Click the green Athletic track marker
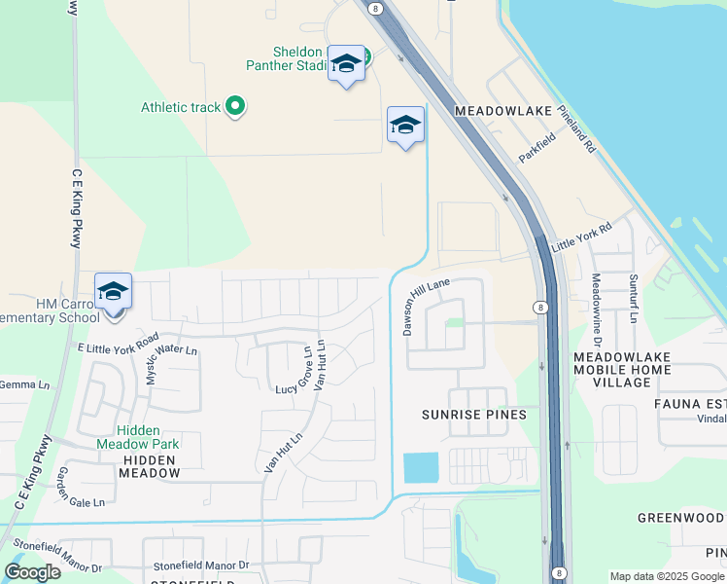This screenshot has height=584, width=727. coord(234,106)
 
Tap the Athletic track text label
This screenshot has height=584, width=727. coord(181,107)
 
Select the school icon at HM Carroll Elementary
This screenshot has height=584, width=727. coord(113,292)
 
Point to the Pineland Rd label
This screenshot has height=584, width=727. coord(576,131)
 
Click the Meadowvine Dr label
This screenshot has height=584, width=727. coord(597,310)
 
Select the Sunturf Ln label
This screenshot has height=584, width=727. coord(632,298)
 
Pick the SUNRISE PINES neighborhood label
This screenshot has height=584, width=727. coord(473,415)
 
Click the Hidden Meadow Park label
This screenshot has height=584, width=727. coord(148,437)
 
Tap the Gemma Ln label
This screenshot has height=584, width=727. coord(23,385)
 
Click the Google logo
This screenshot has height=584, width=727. coord(33,571)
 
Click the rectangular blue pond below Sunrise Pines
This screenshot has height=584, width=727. coord(421,468)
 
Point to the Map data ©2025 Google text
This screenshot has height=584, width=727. coord(667,576)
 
